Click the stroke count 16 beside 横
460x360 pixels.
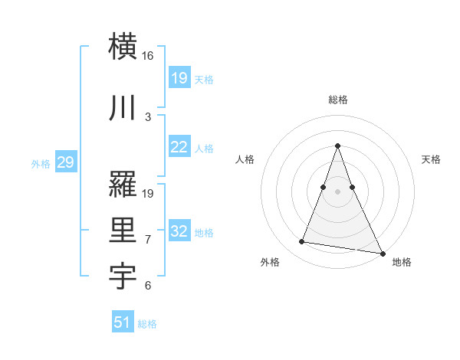[147, 56]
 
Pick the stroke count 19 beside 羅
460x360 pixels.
[149, 193]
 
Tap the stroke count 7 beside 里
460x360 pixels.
[148, 240]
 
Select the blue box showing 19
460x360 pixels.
[179, 77]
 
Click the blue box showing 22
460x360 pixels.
[179, 147]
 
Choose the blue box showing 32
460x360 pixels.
[179, 231]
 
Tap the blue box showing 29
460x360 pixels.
[65, 162]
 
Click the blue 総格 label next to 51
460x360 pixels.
[147, 324]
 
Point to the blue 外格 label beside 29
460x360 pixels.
[40, 163]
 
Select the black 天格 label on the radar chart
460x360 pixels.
[431, 159]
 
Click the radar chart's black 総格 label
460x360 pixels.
[338, 100]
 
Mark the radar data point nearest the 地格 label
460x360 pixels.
[382, 253]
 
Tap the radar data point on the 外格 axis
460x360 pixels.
[302, 242]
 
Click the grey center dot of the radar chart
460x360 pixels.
[337, 191]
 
